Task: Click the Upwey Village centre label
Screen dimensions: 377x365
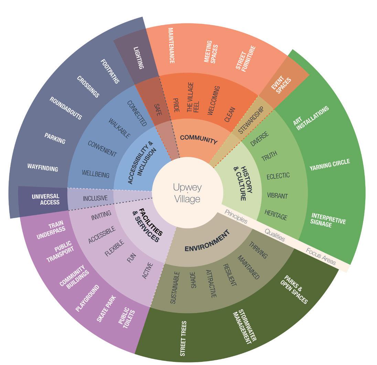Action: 187,193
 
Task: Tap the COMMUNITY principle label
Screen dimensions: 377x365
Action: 199,139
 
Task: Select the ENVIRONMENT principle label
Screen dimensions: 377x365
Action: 207,243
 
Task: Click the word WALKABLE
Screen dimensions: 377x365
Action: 119,128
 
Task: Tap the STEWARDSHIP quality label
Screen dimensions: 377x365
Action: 251,120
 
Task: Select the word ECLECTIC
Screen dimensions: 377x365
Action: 278,176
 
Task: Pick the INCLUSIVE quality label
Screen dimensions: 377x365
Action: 95,198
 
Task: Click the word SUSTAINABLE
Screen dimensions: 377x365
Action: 175,288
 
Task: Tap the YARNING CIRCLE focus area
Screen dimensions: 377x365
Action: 330,165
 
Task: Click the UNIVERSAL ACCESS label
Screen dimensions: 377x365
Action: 45,199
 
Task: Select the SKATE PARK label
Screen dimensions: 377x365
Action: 106,308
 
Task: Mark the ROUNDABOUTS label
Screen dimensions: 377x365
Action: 66,108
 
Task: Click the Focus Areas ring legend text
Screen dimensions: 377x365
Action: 320,256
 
